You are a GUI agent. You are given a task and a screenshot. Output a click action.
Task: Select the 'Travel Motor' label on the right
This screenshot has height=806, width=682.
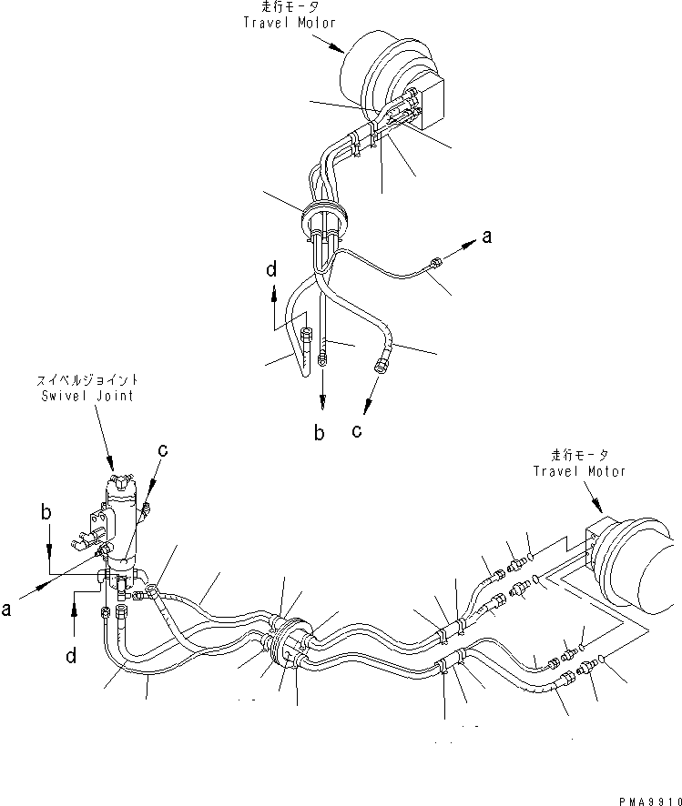tap(580, 471)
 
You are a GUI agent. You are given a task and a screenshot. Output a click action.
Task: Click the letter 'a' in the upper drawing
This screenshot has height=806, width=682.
tap(487, 237)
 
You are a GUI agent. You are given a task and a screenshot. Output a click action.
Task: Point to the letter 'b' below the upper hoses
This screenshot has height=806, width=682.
tap(320, 434)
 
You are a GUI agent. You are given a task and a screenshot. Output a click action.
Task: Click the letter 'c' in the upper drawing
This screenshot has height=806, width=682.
tap(357, 430)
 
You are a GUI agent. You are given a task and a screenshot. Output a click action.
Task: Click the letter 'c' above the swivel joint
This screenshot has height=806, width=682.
tap(163, 449)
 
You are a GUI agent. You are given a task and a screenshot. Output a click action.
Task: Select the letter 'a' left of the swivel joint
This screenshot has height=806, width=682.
tap(6, 610)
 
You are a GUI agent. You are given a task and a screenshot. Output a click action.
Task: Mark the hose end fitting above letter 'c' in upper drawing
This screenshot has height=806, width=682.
tap(382, 366)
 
